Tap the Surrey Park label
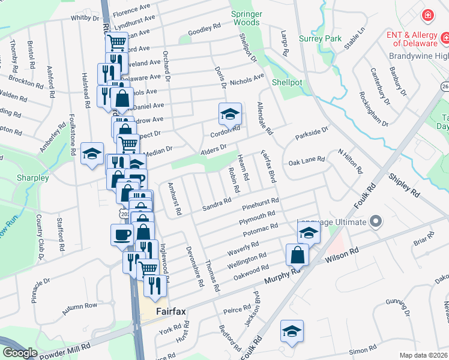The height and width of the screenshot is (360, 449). (x=325, y=39)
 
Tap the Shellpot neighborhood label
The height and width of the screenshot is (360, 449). (x=286, y=82)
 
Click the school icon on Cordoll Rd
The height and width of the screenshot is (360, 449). (x=230, y=114)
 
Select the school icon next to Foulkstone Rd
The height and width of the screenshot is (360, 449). (x=92, y=154)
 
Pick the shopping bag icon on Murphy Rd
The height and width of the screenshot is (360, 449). (x=297, y=256)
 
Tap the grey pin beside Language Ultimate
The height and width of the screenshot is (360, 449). (x=376, y=221)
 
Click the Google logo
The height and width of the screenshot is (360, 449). (x=20, y=353)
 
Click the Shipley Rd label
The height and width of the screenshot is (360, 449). (x=403, y=185)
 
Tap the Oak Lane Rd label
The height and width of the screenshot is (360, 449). (x=306, y=161)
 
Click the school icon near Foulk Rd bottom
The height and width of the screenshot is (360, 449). (x=292, y=331)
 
